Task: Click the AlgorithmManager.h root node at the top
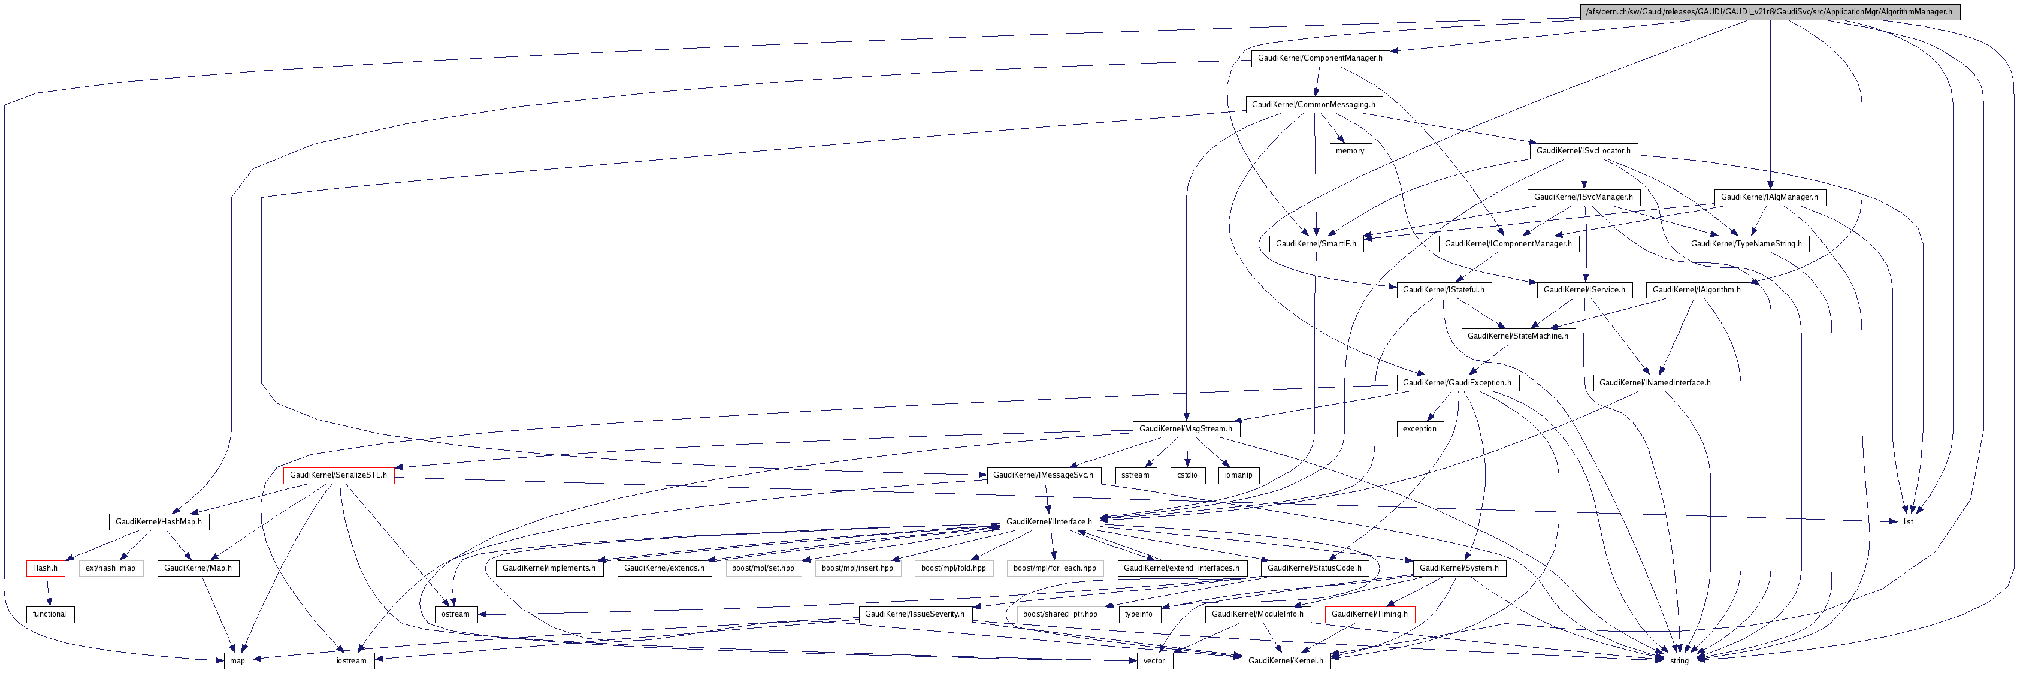pos(1768,12)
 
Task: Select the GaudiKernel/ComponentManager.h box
pos(1319,58)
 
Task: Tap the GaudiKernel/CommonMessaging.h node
pos(1313,104)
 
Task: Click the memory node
pos(1350,150)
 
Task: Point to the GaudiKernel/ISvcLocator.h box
pos(1583,150)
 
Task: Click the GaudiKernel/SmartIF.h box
pos(1316,244)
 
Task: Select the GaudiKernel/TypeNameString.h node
pos(1746,244)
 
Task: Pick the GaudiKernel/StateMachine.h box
pos(1517,336)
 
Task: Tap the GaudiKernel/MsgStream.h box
pos(1186,428)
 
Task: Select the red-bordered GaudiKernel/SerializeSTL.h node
pos(338,475)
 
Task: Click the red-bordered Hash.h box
pos(46,568)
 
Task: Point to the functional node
pos(50,614)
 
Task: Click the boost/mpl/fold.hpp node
pos(953,568)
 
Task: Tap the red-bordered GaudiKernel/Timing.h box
pos(1369,614)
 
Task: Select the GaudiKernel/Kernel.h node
pos(1286,660)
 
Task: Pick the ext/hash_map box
pos(110,568)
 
